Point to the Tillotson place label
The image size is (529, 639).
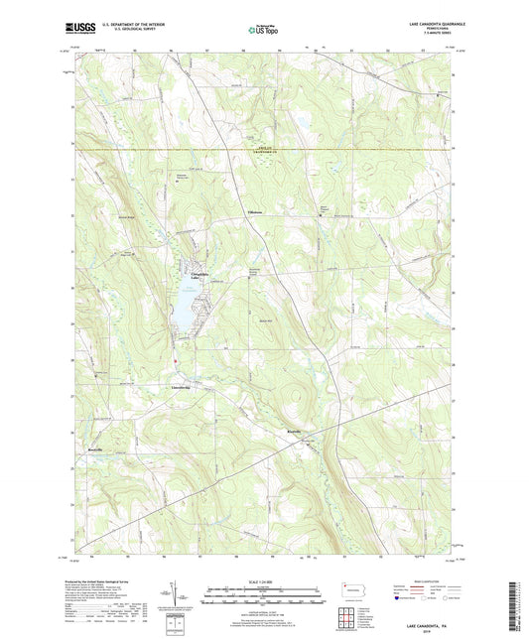click(257, 212)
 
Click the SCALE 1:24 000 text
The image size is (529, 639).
click(264, 581)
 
